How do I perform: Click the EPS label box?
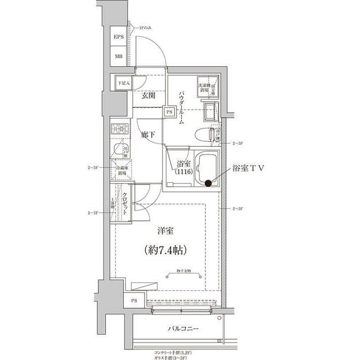coord(119,38)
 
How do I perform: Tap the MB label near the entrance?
coord(119,56)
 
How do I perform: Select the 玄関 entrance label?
coord(148,96)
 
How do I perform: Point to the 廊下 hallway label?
coord(148,136)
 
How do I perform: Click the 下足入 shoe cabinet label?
coord(123,83)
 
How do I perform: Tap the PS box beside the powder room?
coord(169,112)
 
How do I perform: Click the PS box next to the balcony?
coord(134,301)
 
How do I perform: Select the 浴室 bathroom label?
coord(183,168)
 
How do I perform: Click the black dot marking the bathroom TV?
coord(208,183)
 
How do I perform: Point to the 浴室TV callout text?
coord(249,168)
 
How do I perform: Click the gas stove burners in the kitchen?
coord(119,130)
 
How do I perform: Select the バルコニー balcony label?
coord(183,328)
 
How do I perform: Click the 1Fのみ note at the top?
coord(144,28)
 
